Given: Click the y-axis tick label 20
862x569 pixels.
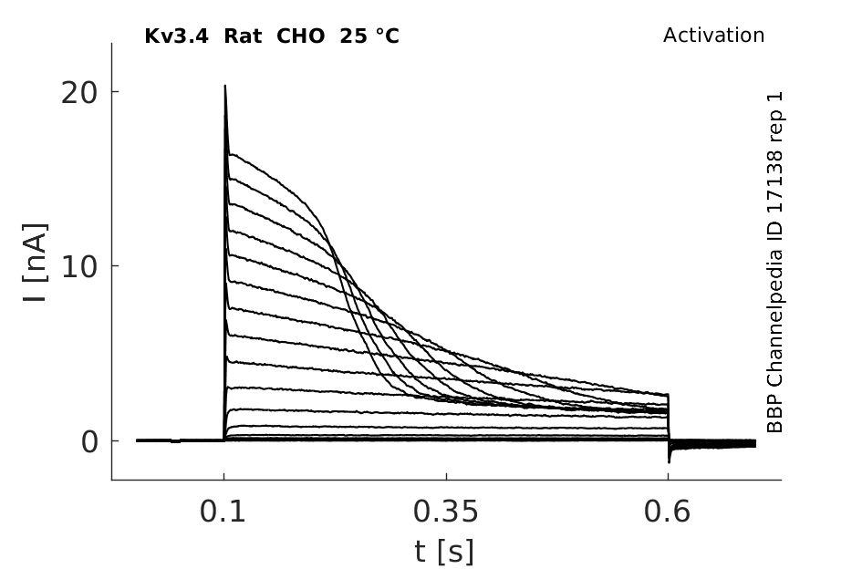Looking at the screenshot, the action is [78, 93].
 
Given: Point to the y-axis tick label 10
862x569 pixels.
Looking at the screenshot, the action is [78, 268].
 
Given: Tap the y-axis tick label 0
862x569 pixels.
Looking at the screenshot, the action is [89, 442].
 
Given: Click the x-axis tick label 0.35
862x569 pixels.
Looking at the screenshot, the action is [446, 512].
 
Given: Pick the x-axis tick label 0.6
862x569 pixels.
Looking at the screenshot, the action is [667, 512].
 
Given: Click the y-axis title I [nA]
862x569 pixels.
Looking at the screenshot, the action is [36, 263].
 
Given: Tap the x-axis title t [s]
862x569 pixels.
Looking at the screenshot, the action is [443, 552].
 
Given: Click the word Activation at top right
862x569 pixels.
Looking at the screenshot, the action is [713, 36].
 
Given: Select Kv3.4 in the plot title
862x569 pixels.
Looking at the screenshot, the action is [176, 36].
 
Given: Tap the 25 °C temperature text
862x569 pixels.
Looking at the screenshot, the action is [369, 36].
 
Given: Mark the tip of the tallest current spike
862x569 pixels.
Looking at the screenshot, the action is [224, 85].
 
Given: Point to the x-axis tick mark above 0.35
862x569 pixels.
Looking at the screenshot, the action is [446, 476].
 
